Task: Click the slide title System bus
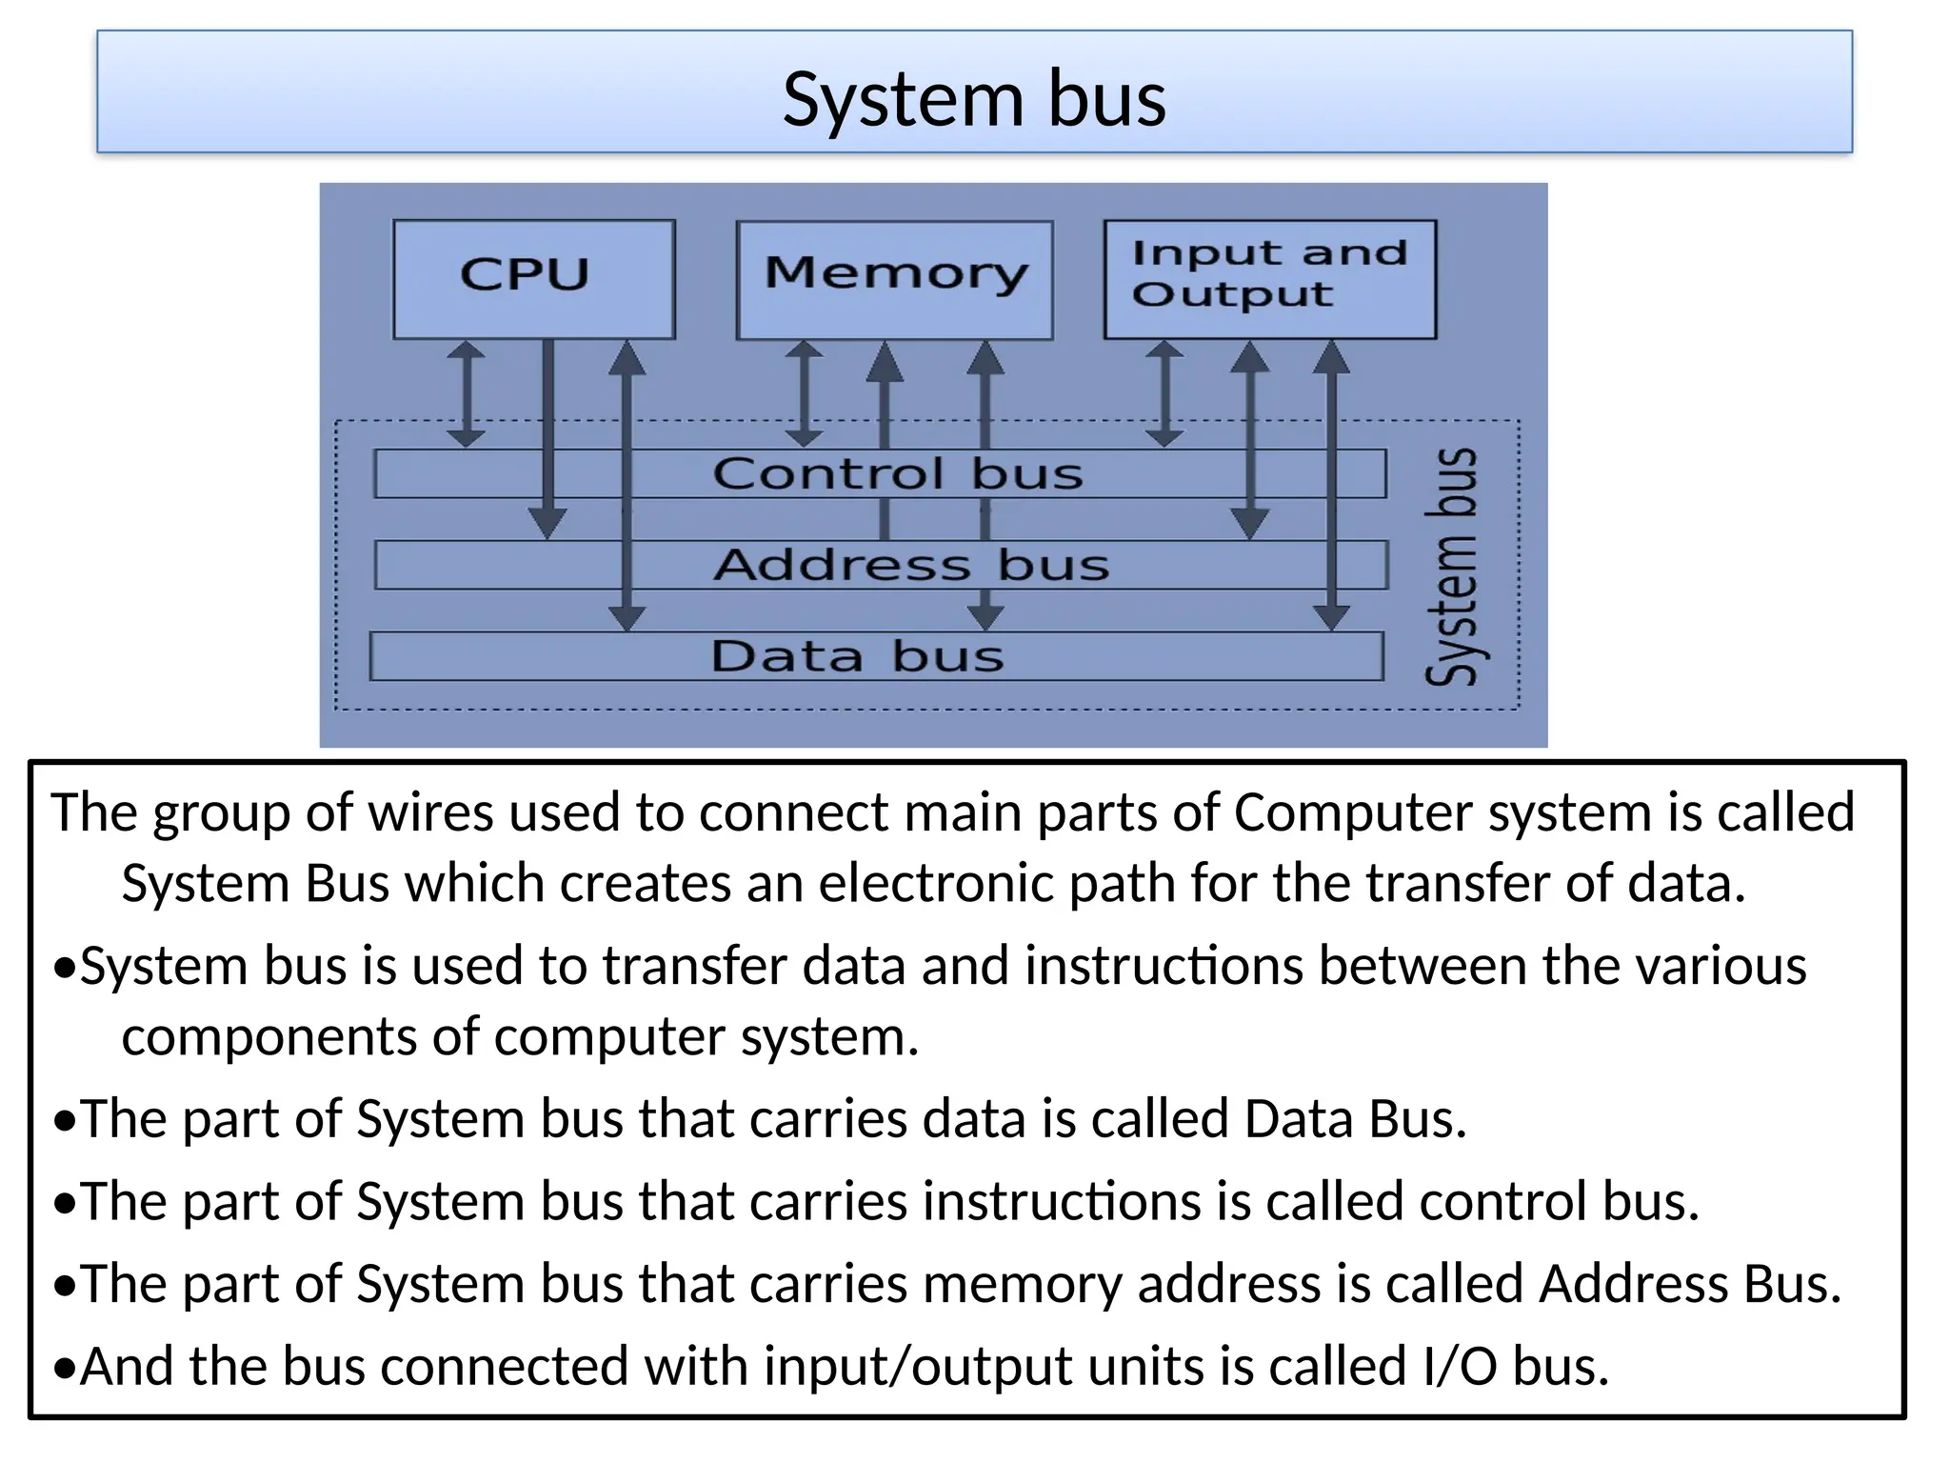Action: click(x=974, y=99)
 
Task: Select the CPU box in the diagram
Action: click(x=533, y=278)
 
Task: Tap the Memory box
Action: click(x=895, y=278)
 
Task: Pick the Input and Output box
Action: click(x=1269, y=278)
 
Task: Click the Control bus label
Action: click(x=897, y=473)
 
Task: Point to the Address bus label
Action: click(x=911, y=565)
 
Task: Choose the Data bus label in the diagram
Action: click(x=857, y=656)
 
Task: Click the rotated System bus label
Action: click(x=1453, y=567)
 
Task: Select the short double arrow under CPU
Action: click(x=466, y=393)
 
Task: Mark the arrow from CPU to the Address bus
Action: click(x=547, y=438)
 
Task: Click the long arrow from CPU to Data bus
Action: click(x=627, y=486)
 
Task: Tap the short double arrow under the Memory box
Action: click(x=804, y=393)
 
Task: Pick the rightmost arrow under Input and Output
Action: click(x=1331, y=486)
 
